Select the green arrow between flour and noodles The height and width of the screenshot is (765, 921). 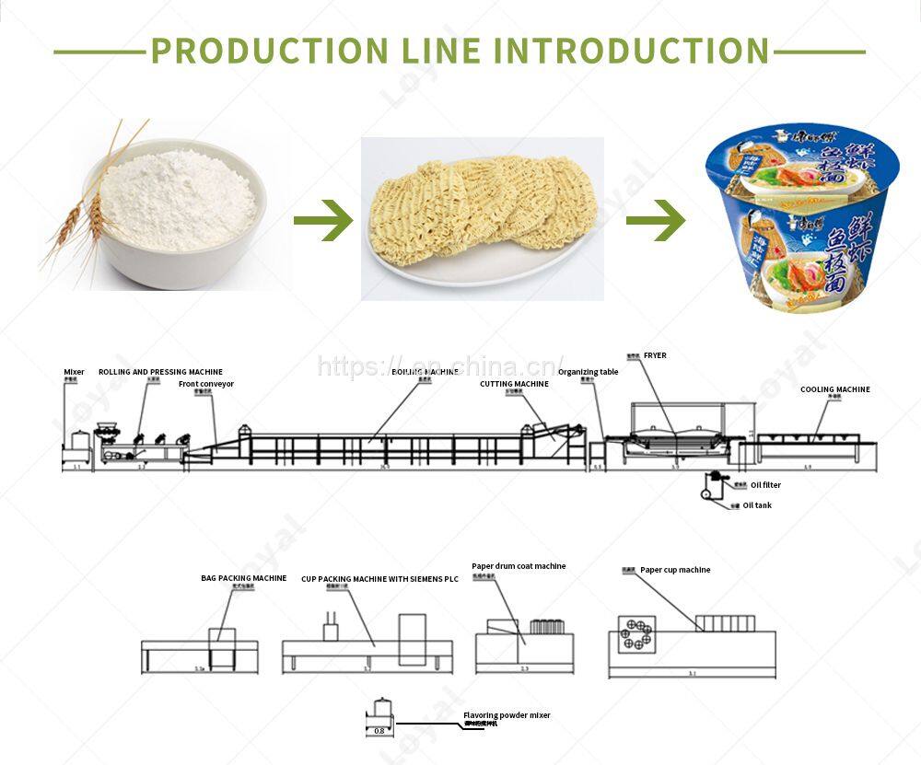(323, 220)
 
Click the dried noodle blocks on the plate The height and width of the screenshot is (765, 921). (479, 216)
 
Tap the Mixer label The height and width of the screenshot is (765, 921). (74, 373)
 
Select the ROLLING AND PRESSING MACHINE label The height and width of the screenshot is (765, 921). (160, 373)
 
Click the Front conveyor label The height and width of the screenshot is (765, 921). (206, 384)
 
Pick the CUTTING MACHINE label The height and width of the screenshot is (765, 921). (514, 384)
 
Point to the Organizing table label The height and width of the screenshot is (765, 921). (588, 372)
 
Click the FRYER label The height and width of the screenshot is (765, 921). (655, 355)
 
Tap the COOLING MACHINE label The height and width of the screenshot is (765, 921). (834, 389)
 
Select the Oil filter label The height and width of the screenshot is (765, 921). (765, 485)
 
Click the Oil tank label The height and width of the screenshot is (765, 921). (757, 505)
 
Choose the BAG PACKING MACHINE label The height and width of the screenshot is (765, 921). (243, 578)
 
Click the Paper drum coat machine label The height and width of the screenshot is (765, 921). (519, 566)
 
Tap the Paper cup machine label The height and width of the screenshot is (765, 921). (675, 570)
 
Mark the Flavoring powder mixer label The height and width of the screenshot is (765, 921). (507, 715)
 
